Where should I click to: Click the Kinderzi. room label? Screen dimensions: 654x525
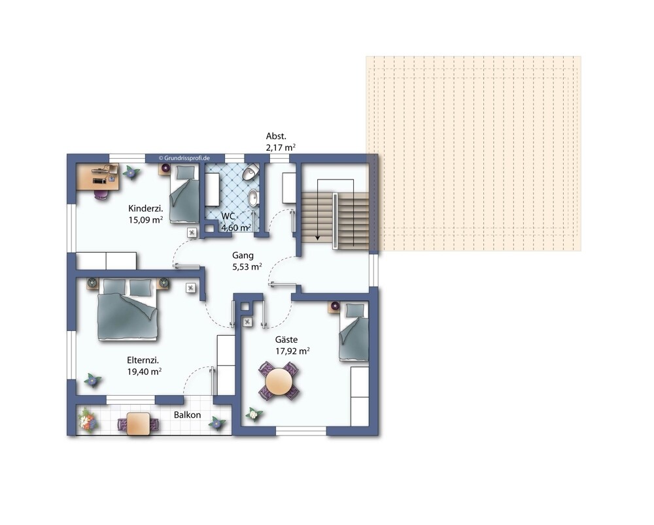tap(146, 208)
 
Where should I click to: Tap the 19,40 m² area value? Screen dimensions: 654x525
tap(145, 372)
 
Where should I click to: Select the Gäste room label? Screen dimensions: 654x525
tap(286, 340)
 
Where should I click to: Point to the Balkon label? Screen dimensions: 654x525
tap(187, 415)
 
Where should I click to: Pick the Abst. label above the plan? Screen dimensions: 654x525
tap(276, 136)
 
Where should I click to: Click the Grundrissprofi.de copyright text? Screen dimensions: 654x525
tap(184, 158)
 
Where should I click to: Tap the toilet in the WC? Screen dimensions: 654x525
tap(250, 171)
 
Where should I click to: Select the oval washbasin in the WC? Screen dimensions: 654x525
tap(253, 198)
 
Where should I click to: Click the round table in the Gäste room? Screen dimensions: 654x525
tap(279, 381)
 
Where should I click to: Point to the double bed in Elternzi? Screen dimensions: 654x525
tap(128, 310)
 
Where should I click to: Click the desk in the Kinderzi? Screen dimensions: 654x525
tap(97, 176)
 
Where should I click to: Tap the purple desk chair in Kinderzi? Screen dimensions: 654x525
tap(101, 195)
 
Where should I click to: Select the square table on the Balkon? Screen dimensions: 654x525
tap(138, 424)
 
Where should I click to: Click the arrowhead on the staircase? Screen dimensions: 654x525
tap(318, 238)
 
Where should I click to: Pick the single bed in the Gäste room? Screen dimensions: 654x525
tap(354, 331)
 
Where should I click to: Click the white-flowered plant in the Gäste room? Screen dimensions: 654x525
tap(254, 414)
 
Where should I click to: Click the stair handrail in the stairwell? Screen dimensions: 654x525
tap(335, 221)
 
